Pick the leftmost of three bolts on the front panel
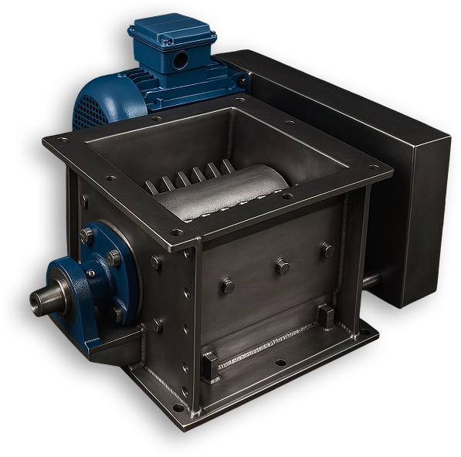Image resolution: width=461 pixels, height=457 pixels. coord(228,286)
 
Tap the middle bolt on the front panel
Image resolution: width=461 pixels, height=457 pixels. coord(283,267)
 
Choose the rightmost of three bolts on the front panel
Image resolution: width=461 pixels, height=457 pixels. coord(328,249)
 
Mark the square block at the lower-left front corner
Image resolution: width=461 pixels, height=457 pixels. coord(209,365)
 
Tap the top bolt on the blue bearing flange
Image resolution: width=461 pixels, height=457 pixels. coord(86,236)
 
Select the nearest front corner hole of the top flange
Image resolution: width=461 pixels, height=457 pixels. coord(178,232)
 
